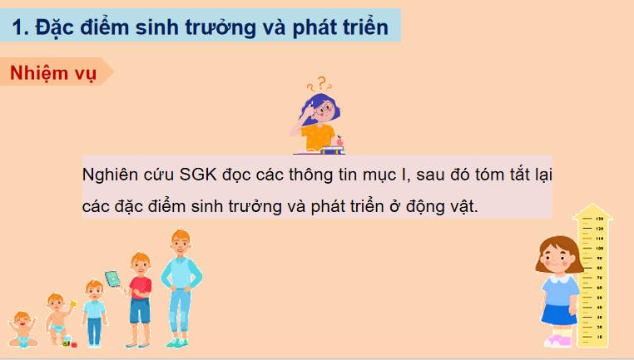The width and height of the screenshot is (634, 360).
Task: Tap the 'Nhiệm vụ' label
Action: tap(53, 72)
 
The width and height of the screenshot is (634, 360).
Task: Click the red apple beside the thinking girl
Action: tap(337, 142)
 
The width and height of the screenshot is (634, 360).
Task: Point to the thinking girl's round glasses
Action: tap(325, 108)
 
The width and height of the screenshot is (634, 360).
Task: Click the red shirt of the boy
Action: tap(140, 287)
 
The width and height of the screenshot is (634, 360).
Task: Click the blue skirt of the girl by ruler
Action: tap(559, 315)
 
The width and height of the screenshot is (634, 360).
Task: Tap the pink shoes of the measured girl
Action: tap(557, 341)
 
